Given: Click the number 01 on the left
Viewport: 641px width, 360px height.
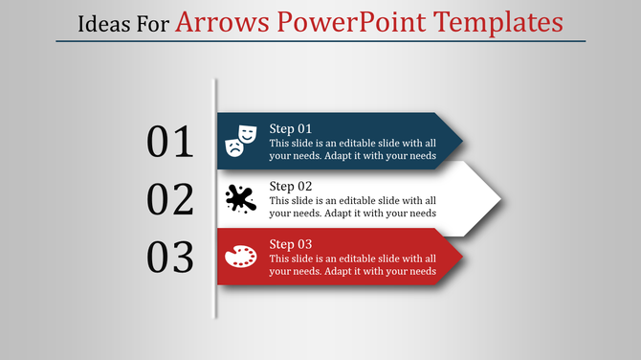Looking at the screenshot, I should pos(170,142).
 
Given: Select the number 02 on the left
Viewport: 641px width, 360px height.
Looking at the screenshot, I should pos(170,199).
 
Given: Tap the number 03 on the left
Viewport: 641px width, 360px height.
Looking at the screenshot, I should pos(170,257).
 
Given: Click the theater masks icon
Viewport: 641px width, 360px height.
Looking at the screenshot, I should pos(240,140).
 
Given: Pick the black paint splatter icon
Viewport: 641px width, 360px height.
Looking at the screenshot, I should pos(240,198).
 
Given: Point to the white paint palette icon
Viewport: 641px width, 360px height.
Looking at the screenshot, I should pos(240,257).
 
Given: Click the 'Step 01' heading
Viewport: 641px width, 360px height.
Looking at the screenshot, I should pos(290,128).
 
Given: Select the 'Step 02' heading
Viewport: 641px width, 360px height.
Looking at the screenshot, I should pos(290,186).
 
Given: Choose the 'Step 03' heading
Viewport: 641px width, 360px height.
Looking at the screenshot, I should pos(290,244).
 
